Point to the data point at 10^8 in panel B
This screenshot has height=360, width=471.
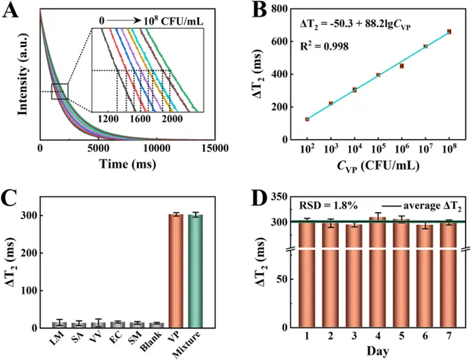(x=449, y=31)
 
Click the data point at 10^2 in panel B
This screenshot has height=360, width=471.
(x=307, y=119)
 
